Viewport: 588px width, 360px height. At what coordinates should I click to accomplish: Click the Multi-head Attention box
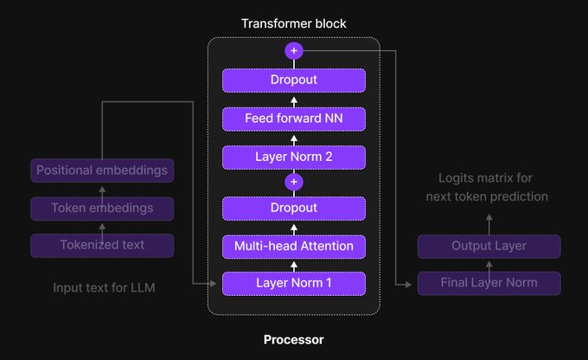[x=294, y=247]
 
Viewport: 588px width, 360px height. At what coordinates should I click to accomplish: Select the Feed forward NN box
[x=294, y=119]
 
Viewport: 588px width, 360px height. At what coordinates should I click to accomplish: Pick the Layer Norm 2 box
[x=294, y=157]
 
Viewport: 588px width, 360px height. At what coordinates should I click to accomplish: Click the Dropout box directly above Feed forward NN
[x=294, y=80]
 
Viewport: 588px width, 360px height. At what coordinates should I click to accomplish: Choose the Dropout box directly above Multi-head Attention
[x=294, y=209]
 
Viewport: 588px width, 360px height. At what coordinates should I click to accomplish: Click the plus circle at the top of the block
[x=294, y=51]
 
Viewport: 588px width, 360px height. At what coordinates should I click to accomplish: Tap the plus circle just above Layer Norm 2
[x=294, y=183]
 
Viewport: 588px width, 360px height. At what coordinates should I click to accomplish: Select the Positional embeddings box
[x=102, y=170]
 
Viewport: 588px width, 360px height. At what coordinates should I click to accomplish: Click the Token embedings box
[x=102, y=208]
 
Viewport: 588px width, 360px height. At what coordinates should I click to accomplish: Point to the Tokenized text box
[x=102, y=245]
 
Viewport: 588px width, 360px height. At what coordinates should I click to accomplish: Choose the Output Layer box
[x=489, y=246]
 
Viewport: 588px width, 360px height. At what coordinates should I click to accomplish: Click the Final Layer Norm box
[x=489, y=283]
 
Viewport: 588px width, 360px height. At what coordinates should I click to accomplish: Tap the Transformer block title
[x=294, y=23]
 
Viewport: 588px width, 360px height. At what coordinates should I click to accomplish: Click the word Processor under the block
[x=294, y=340]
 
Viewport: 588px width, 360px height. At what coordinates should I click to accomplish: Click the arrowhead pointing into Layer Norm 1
[x=215, y=284]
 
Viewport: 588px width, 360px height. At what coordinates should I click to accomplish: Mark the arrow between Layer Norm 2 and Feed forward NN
[x=294, y=138]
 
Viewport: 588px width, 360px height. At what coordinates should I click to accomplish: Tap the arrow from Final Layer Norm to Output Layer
[x=489, y=265]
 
